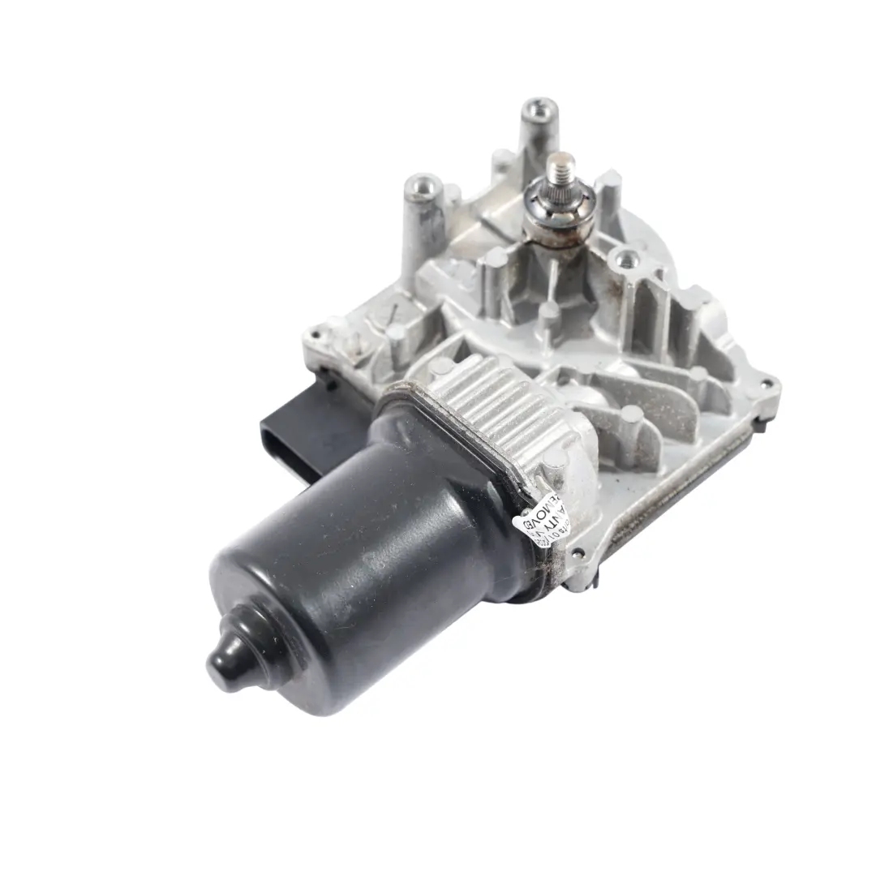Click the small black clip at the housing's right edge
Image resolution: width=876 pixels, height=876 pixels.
762,421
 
